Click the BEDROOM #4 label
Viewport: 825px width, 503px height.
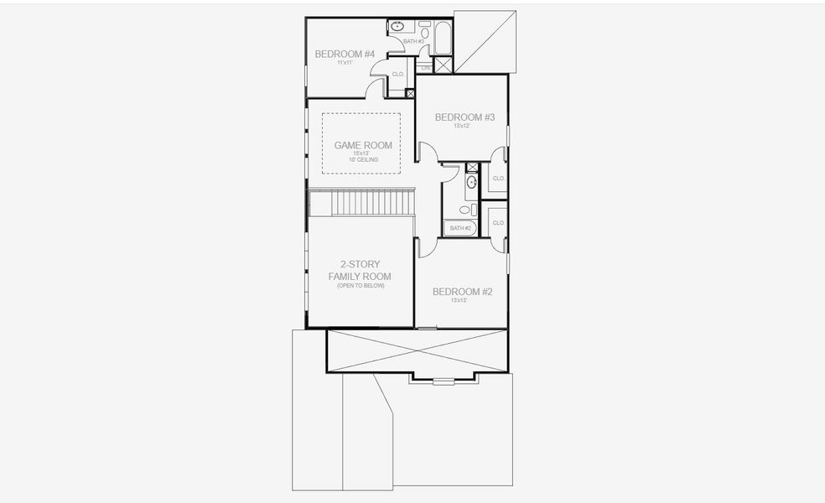click(x=344, y=54)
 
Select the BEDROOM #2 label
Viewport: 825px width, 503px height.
click(x=462, y=292)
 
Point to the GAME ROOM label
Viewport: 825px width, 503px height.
click(x=363, y=145)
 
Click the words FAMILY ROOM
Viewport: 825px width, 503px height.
click(x=360, y=276)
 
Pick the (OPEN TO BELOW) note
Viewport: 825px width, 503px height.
click(x=360, y=286)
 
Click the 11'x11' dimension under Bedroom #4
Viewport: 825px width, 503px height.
click(x=344, y=63)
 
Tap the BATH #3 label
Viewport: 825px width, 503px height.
click(x=414, y=41)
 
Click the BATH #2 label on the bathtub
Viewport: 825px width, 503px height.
click(x=459, y=228)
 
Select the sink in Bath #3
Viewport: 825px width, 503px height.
click(x=397, y=27)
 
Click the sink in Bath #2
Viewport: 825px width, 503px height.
click(x=471, y=181)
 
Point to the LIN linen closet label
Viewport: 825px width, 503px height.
click(x=426, y=67)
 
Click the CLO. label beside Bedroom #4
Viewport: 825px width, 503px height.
click(x=398, y=75)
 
